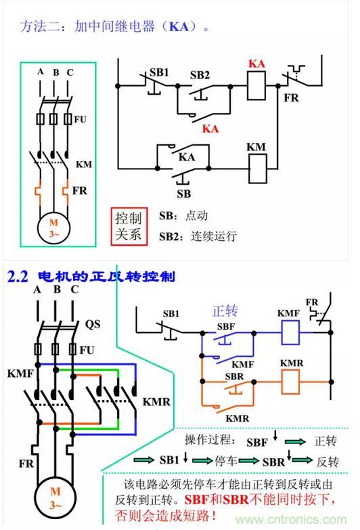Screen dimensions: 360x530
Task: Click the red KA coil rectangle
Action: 256,87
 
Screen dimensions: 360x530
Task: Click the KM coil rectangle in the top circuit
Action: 258,169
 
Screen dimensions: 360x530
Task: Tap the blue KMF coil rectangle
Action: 290,332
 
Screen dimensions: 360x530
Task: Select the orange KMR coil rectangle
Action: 290,382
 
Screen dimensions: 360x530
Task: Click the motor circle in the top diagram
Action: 53,228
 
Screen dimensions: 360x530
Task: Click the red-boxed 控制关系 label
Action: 129,226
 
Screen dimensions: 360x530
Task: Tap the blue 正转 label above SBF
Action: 225,311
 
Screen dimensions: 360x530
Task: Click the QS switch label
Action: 93,324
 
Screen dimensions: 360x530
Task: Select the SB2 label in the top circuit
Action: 200,74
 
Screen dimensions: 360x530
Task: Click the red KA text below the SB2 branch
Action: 210,129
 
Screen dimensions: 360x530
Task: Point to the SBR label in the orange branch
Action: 234,376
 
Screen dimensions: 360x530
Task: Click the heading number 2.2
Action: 18,276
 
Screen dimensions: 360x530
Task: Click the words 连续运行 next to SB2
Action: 214,236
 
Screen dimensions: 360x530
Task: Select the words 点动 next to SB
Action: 196,215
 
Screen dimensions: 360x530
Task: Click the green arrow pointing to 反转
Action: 302,460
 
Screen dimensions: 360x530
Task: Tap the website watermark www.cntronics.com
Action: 291,520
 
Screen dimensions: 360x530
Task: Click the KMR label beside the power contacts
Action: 156,402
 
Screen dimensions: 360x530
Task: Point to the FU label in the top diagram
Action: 80,119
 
